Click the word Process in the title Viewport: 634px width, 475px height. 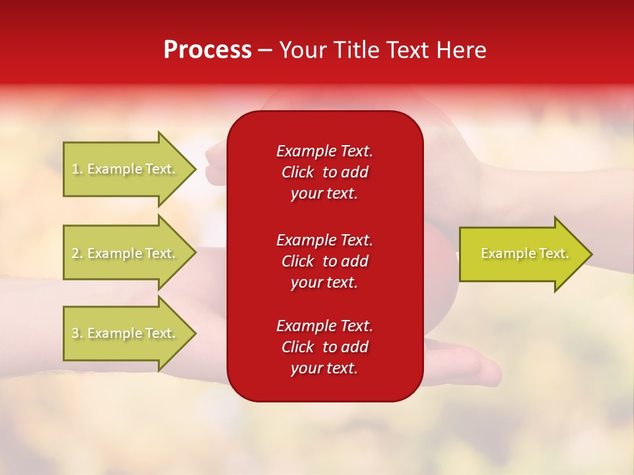point(208,49)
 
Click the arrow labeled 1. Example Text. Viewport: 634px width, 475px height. point(130,169)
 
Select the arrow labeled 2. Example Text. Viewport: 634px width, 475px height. point(130,253)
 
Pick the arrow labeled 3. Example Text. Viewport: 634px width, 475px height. point(130,333)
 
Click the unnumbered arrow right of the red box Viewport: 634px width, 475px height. point(526,253)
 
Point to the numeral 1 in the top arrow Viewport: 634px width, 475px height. point(75,169)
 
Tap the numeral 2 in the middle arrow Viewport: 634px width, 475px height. point(75,253)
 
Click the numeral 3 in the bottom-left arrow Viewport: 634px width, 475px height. point(75,332)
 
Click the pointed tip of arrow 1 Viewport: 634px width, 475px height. point(196,170)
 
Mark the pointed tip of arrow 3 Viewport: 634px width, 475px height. point(196,334)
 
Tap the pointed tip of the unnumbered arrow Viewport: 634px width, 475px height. point(592,254)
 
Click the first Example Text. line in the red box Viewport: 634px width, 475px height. point(324,151)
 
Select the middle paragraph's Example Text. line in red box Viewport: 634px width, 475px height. point(324,240)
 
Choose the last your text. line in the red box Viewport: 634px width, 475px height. point(324,368)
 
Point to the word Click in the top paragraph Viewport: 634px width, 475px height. point(298,172)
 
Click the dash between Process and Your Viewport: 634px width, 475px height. point(265,51)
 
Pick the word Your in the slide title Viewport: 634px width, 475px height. point(303,49)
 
